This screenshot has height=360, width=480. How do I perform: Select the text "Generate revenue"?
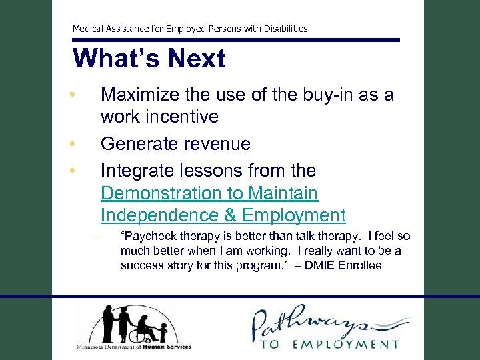[x=175, y=144]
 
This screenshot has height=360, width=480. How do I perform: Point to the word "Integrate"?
[x=139, y=171]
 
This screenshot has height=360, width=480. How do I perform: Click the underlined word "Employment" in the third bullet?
[x=294, y=216]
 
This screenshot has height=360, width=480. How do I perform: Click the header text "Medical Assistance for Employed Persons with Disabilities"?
[x=190, y=29]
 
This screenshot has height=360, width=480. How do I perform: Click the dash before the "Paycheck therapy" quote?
[x=96, y=238]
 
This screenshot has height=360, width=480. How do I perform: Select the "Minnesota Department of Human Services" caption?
[x=133, y=347]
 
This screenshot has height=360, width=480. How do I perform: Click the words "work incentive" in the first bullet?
[x=159, y=117]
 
